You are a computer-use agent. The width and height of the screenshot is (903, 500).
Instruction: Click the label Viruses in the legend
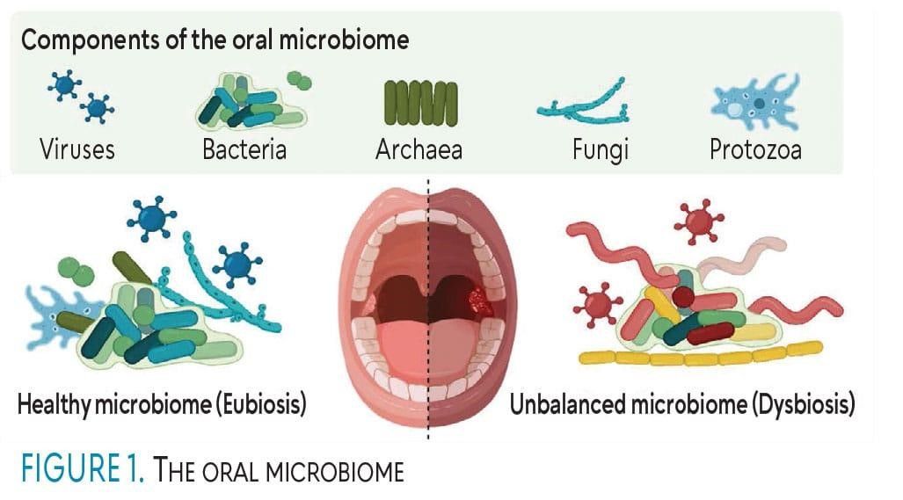(x=77, y=149)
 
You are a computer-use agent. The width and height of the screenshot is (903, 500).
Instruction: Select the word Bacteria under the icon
(x=244, y=149)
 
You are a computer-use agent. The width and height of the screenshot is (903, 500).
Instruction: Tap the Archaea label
(x=419, y=149)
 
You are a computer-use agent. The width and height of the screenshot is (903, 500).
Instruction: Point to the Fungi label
(x=601, y=149)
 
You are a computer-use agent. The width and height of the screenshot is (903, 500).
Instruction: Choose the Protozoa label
(x=755, y=149)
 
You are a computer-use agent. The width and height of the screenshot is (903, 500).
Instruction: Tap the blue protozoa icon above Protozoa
(x=755, y=104)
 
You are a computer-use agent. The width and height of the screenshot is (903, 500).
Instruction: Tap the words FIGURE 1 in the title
(x=78, y=469)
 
